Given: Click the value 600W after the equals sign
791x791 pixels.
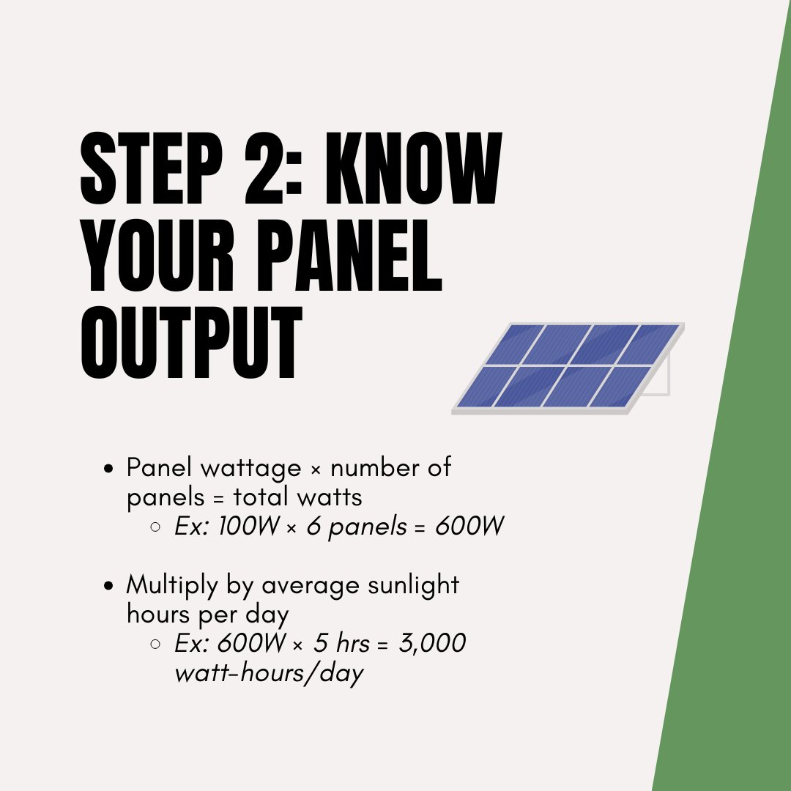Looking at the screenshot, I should pyautogui.click(x=469, y=527).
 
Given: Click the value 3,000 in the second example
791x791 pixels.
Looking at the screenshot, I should pyautogui.click(x=432, y=643).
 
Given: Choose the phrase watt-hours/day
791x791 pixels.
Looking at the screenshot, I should pyautogui.click(x=269, y=673).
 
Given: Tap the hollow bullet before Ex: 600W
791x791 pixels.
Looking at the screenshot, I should pyautogui.click(x=155, y=644).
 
